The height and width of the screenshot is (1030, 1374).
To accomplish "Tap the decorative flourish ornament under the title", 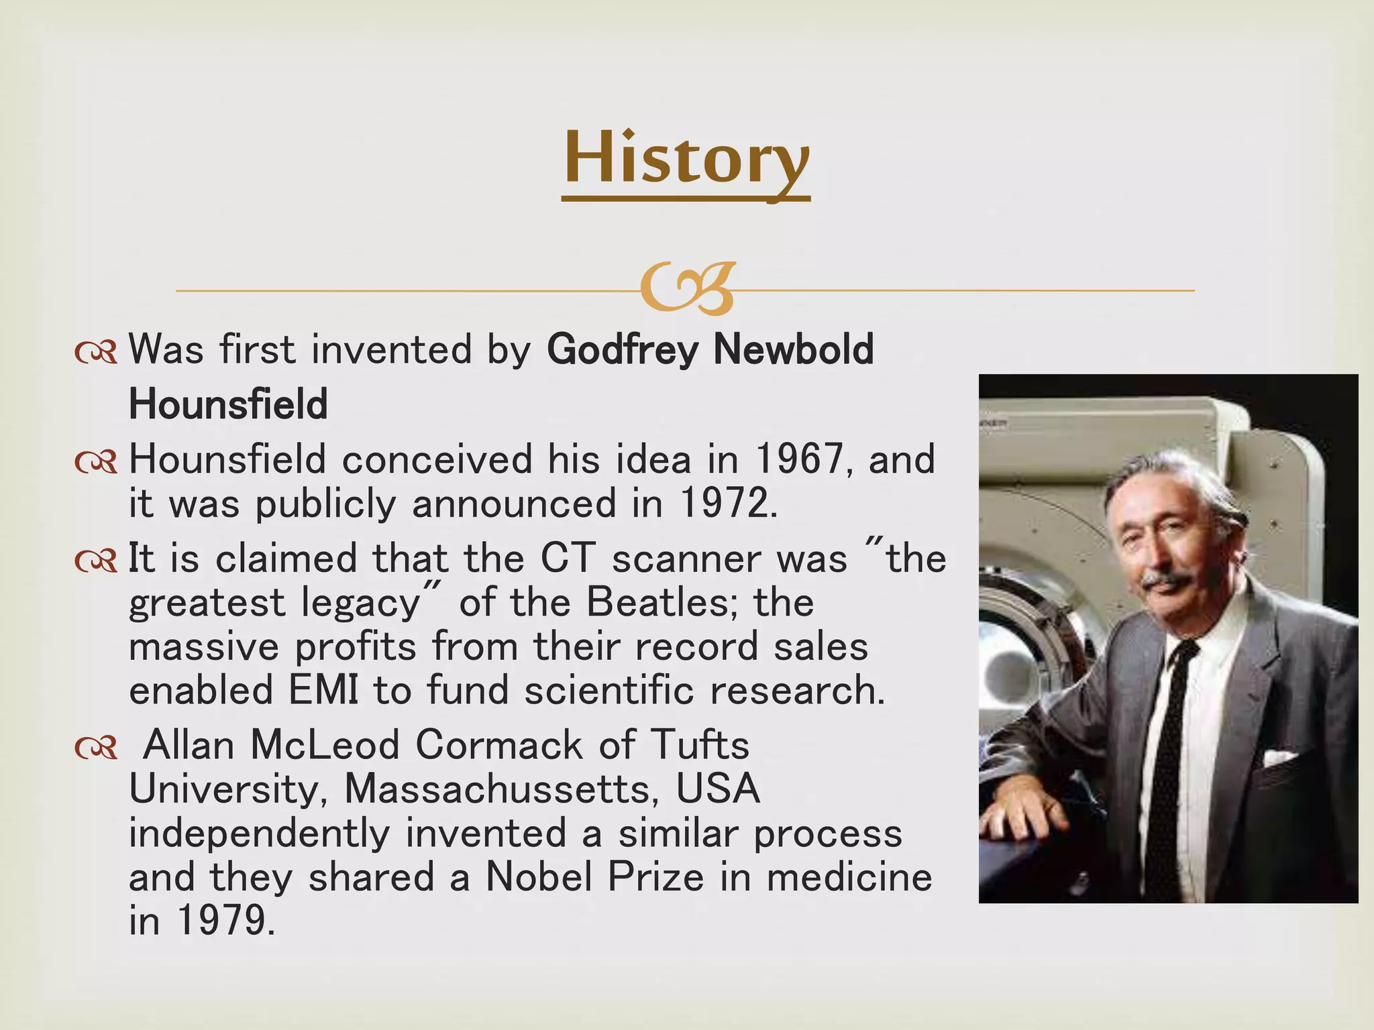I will pyautogui.click(x=687, y=289).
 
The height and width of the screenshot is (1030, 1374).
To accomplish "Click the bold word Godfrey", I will pyautogui.click(x=622, y=349).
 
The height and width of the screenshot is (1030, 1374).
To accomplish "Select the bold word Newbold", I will pyautogui.click(x=794, y=349).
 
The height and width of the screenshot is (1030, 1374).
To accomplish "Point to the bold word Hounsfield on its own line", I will pyautogui.click(x=228, y=404).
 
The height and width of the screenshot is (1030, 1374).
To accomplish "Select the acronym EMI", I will pyautogui.click(x=323, y=690).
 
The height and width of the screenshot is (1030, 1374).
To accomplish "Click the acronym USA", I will pyautogui.click(x=718, y=789).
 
